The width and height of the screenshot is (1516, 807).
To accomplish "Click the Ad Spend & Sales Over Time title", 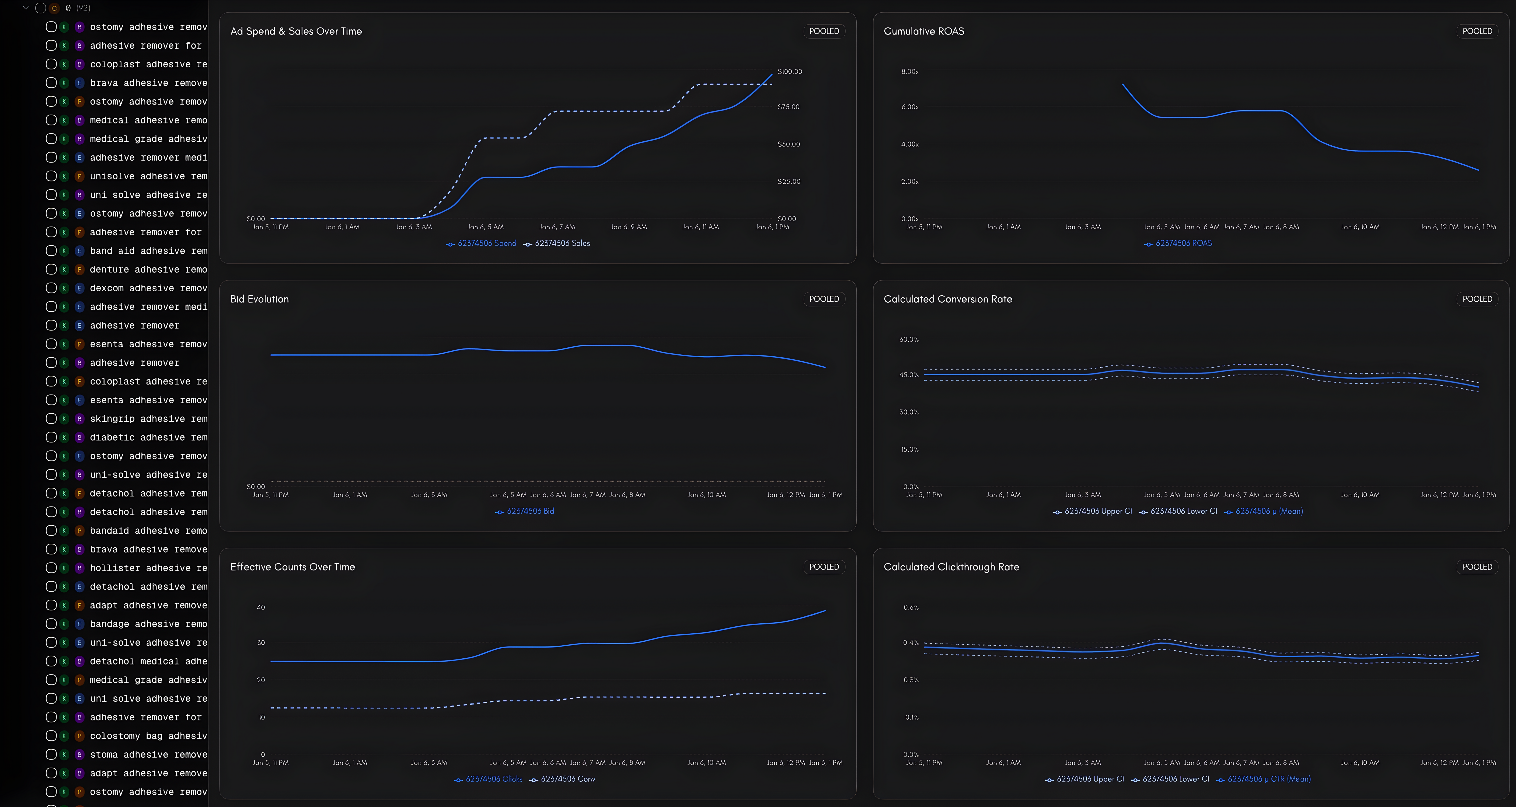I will pos(296,31).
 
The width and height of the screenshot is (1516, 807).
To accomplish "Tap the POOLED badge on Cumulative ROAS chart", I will pos(1477,31).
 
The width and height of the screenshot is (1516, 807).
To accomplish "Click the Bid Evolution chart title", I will pos(260,299).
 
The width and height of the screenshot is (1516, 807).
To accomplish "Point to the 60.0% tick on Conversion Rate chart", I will pos(909,340).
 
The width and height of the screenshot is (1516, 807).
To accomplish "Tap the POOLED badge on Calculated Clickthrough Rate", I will pos(1477,567).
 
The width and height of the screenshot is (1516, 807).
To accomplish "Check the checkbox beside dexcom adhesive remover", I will pos(51,288).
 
